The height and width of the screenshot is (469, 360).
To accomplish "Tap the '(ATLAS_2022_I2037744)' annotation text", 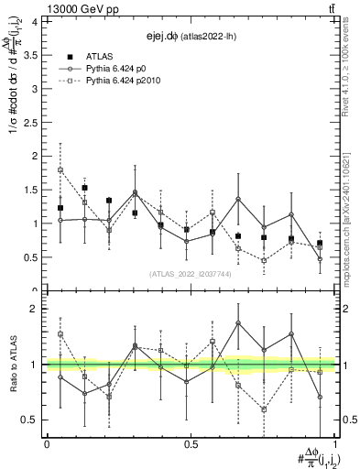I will [x=190, y=273].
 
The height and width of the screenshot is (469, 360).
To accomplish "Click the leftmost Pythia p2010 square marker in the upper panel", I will [x=60, y=169].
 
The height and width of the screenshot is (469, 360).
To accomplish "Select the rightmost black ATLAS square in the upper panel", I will [x=320, y=243].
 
